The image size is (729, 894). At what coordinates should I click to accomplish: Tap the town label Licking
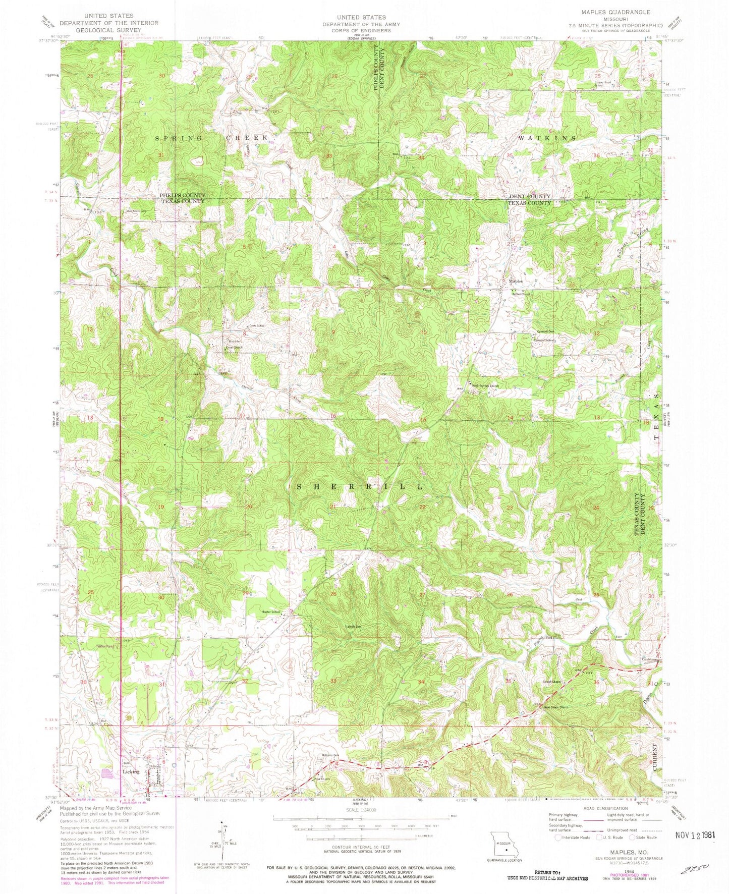pyautogui.click(x=131, y=771)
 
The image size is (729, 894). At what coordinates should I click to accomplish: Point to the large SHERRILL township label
pyautogui.click(x=359, y=486)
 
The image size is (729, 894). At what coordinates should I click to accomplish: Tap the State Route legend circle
pyautogui.click(x=632, y=837)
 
